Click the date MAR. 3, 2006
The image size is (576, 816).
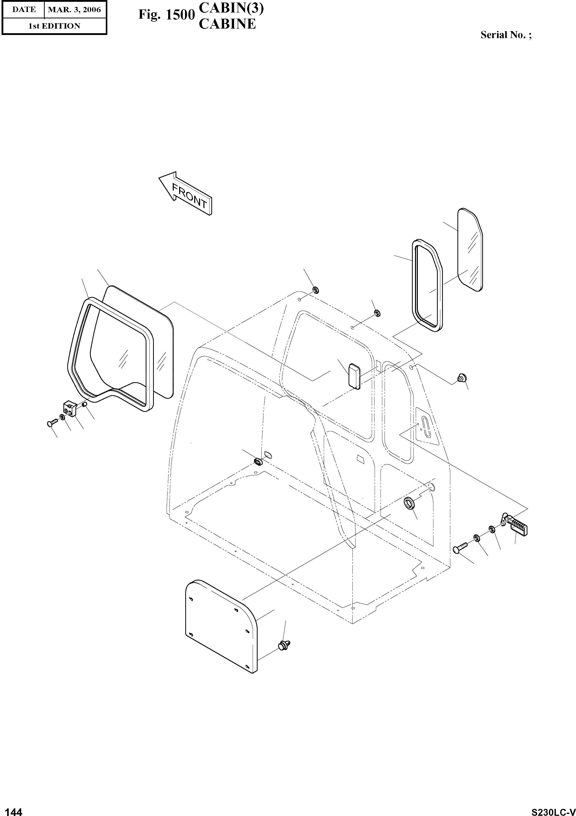click(74, 10)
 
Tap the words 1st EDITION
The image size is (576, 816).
click(54, 26)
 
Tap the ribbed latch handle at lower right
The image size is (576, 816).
click(518, 525)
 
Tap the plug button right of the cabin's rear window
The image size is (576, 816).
click(462, 378)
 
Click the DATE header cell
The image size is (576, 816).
click(24, 10)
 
